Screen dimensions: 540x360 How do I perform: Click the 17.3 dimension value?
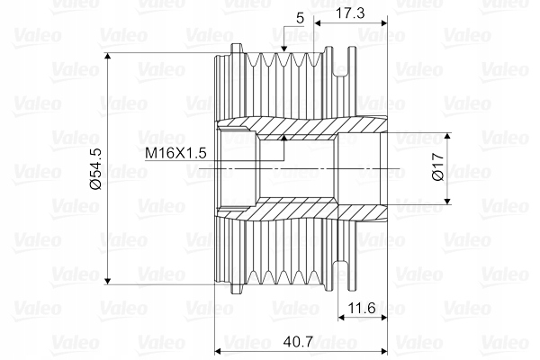coord(350,13)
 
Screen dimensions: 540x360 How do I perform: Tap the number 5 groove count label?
coord(300,18)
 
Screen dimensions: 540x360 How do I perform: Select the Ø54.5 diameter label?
coord(95,169)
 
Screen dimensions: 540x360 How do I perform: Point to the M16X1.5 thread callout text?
coord(175,153)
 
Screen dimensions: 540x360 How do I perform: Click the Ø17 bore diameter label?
coord(437,167)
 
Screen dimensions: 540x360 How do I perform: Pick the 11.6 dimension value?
coord(362,308)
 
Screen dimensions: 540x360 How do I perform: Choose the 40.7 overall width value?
coord(298,342)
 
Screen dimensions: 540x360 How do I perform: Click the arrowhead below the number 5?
coord(283,49)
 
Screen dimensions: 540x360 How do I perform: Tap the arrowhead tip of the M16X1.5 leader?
coord(284,137)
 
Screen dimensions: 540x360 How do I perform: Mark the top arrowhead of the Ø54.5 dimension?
coord(108,56)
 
